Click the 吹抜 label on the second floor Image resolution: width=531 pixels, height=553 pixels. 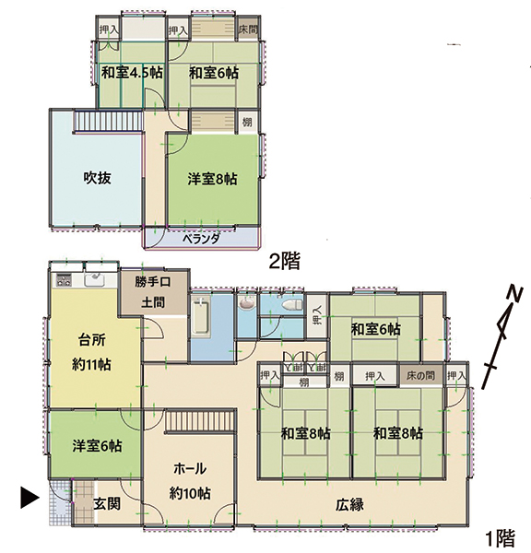tap(98, 178)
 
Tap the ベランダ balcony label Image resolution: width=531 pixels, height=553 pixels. tap(202, 239)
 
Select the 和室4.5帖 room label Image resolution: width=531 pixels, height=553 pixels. tap(133, 73)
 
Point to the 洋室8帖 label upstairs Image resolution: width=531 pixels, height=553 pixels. tap(212, 179)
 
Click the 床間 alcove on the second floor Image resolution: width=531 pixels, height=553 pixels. tap(248, 29)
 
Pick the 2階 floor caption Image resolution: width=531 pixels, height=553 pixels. tap(285, 262)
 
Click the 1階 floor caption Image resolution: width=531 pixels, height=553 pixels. tap(500, 538)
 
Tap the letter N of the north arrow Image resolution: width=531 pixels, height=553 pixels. tap(514, 295)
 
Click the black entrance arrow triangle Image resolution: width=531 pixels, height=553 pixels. tap(29, 498)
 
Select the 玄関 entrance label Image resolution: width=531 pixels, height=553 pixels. tap(107, 503)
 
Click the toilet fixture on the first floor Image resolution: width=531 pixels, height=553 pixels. tap(292, 305)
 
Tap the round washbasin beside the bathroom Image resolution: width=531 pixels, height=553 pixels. tap(246, 303)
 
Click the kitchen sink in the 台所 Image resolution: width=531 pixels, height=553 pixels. tap(94, 281)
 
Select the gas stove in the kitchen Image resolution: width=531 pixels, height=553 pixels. tap(64, 280)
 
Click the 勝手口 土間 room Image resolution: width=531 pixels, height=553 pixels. tap(153, 292)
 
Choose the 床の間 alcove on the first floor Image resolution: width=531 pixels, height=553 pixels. tap(420, 376)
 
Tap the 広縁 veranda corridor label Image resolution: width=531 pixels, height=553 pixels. tap(349, 505)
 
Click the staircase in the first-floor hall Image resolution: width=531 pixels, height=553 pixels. tap(200, 419)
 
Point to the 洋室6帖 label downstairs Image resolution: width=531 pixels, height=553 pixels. tap(98, 446)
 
